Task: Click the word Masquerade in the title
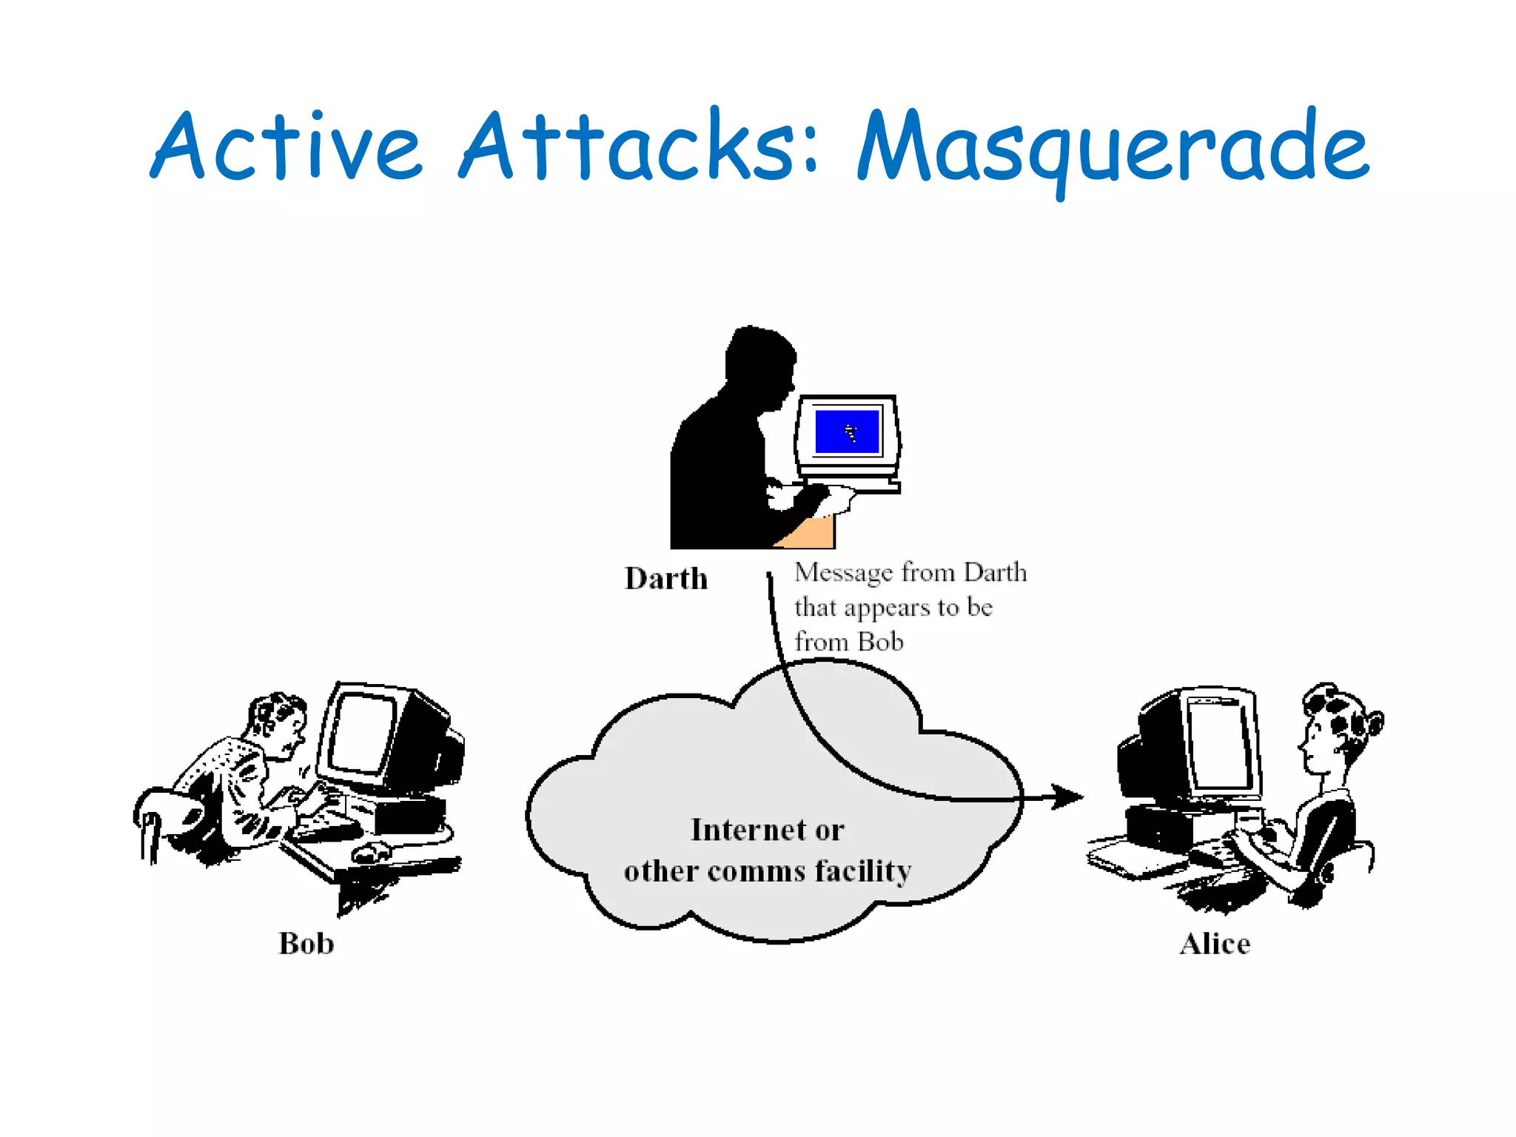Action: click(1113, 148)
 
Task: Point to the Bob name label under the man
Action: click(306, 944)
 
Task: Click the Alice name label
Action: click(1215, 944)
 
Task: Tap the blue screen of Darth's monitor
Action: click(847, 431)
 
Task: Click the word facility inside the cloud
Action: click(863, 871)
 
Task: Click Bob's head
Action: click(278, 722)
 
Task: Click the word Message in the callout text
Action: click(843, 573)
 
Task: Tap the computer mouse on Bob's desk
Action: click(370, 851)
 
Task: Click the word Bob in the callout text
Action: click(880, 642)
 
